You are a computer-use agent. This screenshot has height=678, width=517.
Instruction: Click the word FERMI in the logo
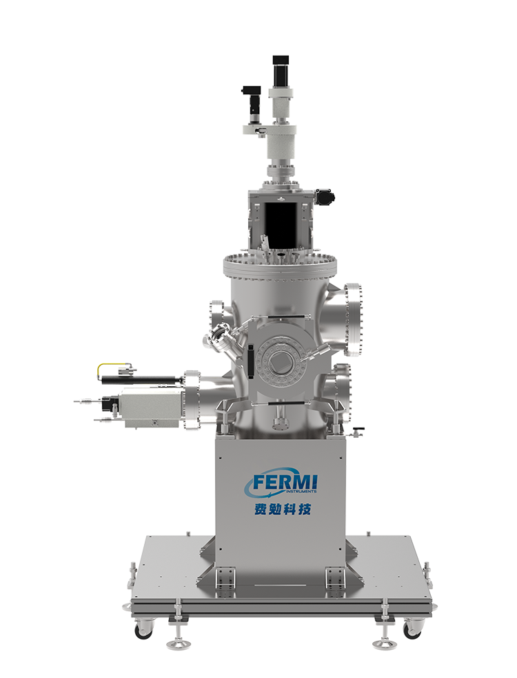pos(285,481)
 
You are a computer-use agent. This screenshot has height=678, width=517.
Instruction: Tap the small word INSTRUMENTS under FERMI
pos(301,491)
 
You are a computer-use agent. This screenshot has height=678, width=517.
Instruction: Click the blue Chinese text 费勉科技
pos(283,509)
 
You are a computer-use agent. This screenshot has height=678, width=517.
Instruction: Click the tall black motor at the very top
pos(281,67)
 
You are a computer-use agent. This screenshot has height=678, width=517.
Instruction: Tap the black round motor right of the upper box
pos(325,197)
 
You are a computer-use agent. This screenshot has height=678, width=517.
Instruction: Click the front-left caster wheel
pos(143,628)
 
